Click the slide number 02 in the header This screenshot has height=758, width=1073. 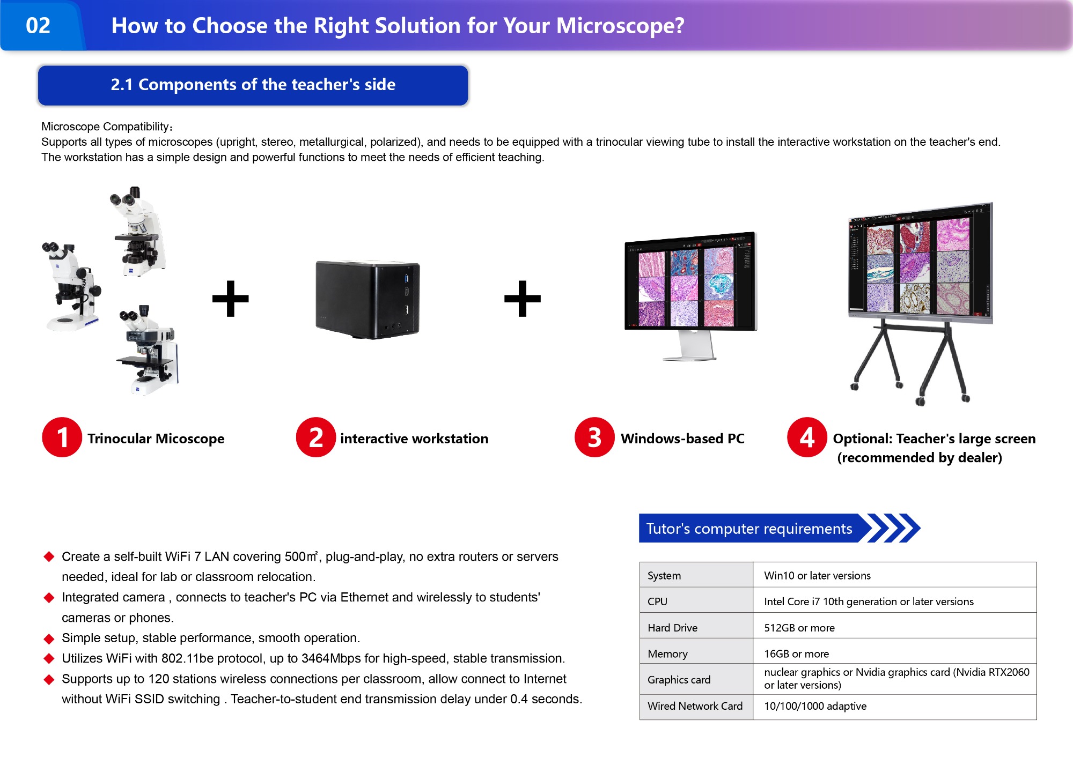[38, 26]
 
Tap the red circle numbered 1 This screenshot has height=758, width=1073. [62, 437]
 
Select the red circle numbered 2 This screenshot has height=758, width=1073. [316, 437]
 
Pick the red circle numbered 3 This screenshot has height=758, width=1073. [594, 437]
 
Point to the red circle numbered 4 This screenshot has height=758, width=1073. [807, 437]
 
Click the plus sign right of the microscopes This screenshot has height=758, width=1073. [231, 299]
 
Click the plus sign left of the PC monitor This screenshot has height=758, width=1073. [523, 299]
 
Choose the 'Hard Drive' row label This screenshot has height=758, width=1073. [672, 628]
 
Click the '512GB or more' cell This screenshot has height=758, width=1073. [799, 628]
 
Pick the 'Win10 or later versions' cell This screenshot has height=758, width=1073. [817, 576]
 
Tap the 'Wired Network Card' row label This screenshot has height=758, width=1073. [695, 706]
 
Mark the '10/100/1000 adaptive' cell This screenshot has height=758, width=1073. [815, 706]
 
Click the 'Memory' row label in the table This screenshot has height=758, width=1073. [667, 654]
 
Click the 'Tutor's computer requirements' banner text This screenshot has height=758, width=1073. [749, 529]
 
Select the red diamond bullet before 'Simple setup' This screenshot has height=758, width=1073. [49, 638]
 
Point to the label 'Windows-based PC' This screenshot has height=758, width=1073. [682, 439]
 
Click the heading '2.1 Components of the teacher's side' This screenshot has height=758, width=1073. [253, 85]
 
